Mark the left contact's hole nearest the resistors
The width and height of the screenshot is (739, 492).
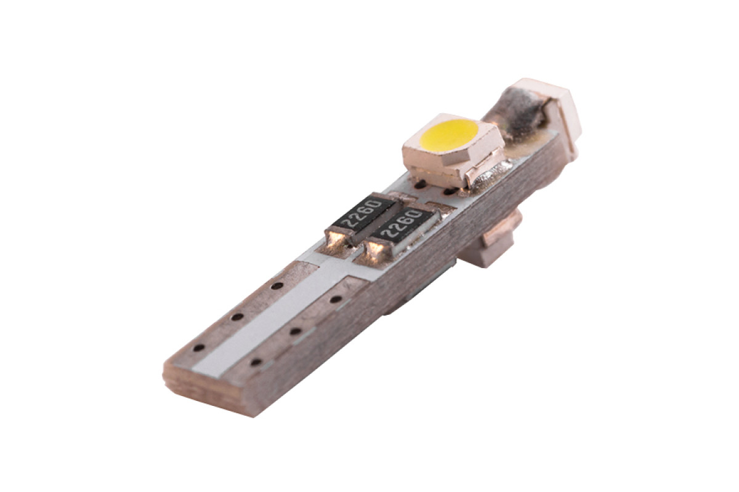pyautogui.click(x=277, y=285)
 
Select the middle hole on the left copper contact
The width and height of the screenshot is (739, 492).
pyautogui.click(x=237, y=317)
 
